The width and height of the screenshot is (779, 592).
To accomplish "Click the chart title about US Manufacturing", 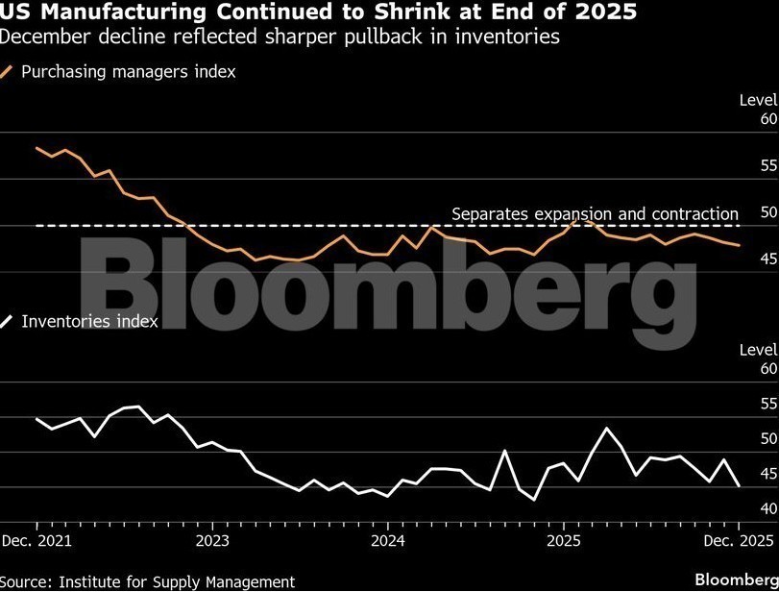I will [x=317, y=12].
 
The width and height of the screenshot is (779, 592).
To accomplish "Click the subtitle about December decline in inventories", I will [x=280, y=37].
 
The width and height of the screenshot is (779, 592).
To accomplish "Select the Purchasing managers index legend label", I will [x=128, y=72].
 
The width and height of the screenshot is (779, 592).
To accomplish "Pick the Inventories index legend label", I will [x=89, y=322].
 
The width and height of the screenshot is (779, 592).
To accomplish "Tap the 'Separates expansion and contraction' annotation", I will [x=595, y=213].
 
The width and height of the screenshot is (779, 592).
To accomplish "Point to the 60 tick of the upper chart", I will [x=767, y=119].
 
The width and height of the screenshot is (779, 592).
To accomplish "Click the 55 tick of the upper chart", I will [x=767, y=165].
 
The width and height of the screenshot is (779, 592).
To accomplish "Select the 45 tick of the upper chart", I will [x=767, y=259].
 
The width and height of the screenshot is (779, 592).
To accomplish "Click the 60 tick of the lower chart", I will [x=767, y=368].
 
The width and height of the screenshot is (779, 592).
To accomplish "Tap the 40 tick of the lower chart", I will [x=767, y=508].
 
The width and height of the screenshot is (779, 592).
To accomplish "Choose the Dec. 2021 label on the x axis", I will [x=37, y=540].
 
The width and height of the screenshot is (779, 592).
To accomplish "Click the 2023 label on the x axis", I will [x=211, y=540].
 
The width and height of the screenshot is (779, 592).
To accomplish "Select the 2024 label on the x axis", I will [x=386, y=540].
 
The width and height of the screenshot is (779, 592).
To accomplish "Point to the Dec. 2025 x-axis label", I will [x=739, y=540].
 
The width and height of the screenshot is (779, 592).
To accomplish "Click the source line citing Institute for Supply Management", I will [x=148, y=581].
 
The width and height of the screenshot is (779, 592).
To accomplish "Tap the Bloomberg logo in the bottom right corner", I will [x=735, y=580].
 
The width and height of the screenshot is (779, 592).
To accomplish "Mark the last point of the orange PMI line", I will [x=738, y=245].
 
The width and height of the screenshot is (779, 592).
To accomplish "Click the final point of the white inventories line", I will [x=738, y=487].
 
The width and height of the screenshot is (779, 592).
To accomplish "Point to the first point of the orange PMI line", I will [x=37, y=148].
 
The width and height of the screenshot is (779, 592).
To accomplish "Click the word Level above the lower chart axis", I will [x=758, y=350].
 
